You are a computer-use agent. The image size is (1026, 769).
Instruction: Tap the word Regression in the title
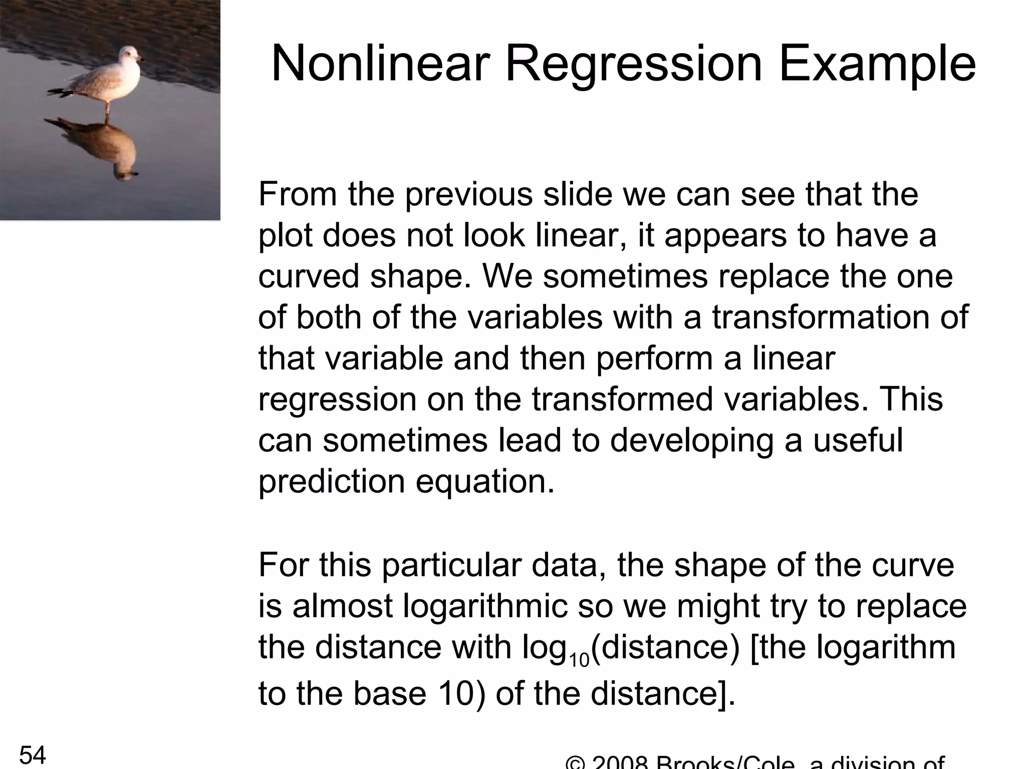[633, 64]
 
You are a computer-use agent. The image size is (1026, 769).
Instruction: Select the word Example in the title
[877, 64]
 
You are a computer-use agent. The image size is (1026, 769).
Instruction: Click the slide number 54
[33, 755]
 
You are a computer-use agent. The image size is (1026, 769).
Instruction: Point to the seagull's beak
[141, 59]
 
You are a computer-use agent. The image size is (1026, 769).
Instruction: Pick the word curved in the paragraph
[309, 276]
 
